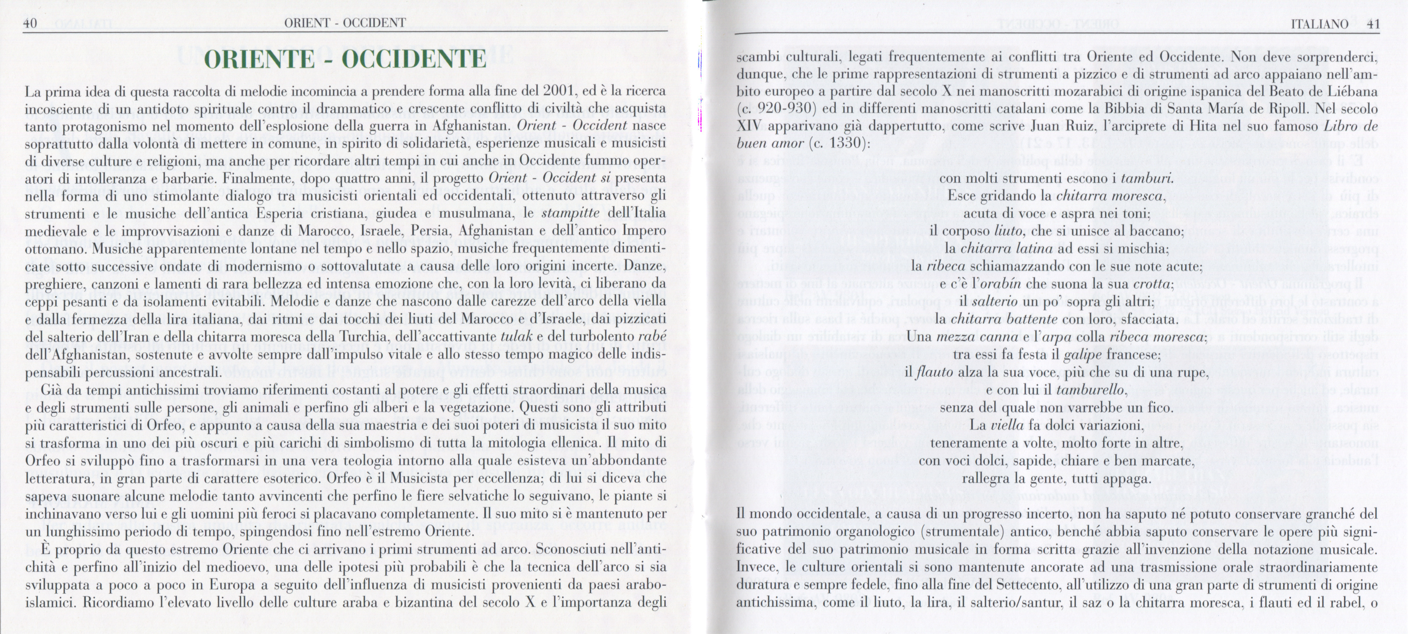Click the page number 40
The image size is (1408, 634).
pos(30,23)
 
